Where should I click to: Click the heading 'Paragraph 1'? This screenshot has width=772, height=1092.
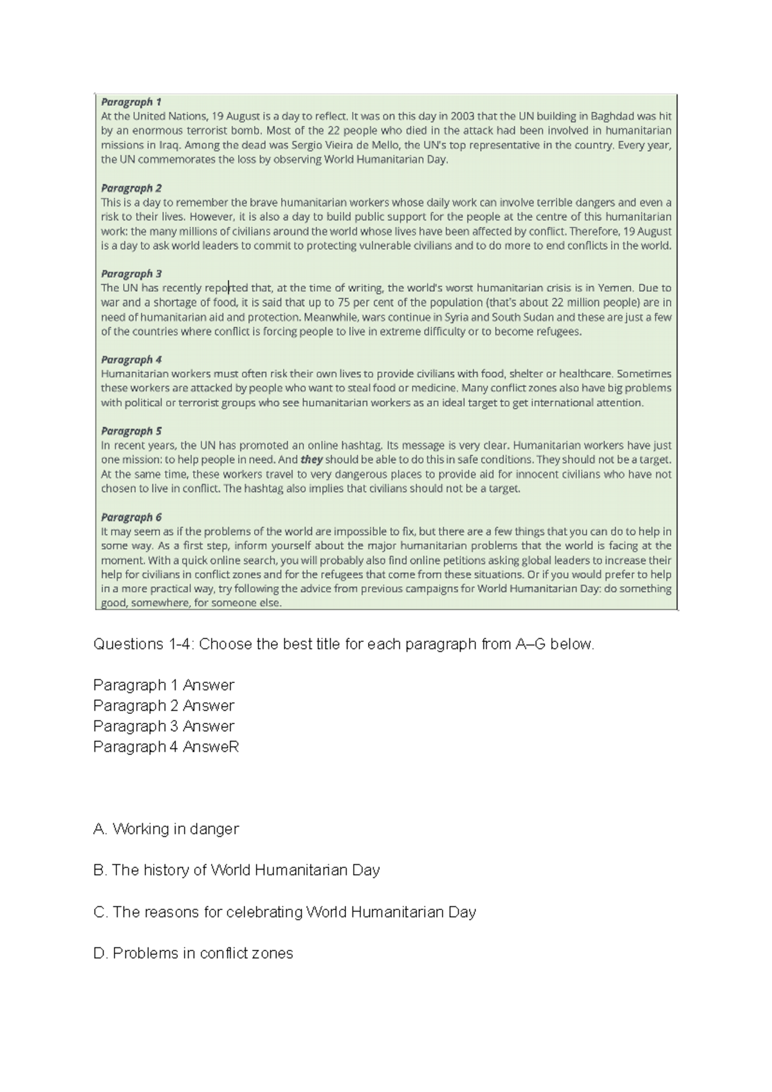[x=131, y=102]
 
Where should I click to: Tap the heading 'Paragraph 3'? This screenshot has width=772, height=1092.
[x=131, y=273]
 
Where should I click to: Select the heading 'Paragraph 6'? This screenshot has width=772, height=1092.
[x=131, y=517]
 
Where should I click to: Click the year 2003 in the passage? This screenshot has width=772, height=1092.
[x=464, y=116]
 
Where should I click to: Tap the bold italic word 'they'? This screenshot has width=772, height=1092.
[x=312, y=460]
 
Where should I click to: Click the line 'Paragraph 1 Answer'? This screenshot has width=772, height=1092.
[x=163, y=685]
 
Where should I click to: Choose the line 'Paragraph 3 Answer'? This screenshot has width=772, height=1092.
[x=163, y=726]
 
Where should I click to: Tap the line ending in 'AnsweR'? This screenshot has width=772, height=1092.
[x=166, y=747]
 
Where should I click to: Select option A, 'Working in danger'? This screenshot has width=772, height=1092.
[x=166, y=829]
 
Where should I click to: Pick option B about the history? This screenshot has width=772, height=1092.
[x=236, y=870]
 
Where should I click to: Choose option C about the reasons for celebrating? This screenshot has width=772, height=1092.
[x=284, y=912]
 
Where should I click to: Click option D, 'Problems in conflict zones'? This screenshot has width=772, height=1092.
[x=193, y=953]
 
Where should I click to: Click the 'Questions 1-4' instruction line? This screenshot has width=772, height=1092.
[x=344, y=644]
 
